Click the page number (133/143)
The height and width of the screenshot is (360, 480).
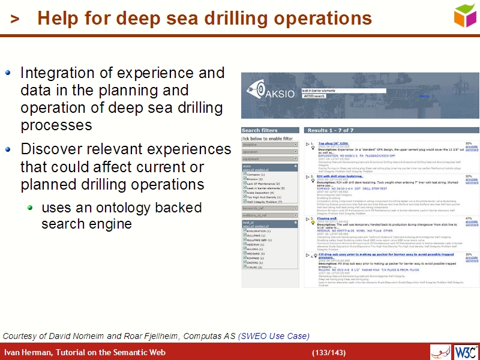coord(328,352)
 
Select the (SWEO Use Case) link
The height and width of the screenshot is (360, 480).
coord(274,335)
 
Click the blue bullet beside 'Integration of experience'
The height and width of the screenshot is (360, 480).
coord(8,73)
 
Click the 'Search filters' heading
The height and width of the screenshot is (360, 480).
coord(260,130)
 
